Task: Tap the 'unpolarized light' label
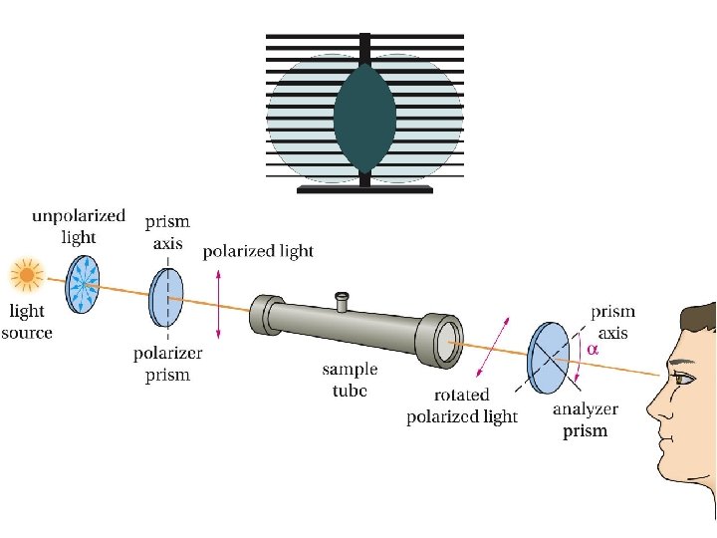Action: point(79,225)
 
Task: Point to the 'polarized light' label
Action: point(258,251)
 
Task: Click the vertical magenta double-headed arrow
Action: point(218,303)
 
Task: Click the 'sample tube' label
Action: point(350,380)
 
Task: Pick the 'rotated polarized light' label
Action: point(461,406)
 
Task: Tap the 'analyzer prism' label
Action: point(585,419)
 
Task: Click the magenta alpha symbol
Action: point(593,350)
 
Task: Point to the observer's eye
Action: point(683,378)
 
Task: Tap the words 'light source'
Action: point(27,323)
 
